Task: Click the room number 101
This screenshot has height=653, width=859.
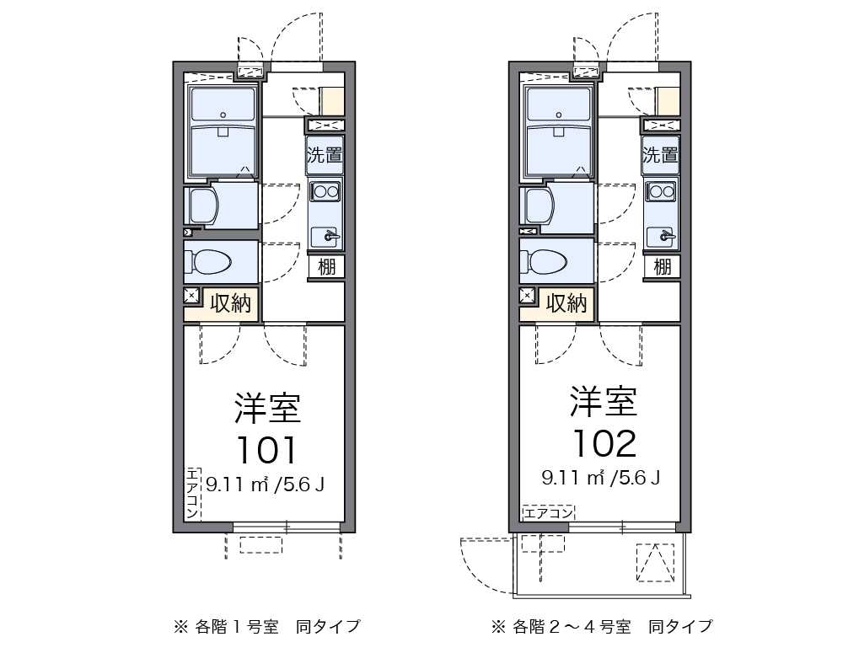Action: click(266, 450)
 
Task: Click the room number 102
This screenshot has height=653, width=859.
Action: click(603, 442)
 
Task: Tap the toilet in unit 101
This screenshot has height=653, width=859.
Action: click(211, 262)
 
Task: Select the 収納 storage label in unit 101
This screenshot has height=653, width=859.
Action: click(230, 304)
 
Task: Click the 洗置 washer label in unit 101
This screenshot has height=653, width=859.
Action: click(325, 155)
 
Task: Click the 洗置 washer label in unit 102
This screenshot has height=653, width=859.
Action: click(661, 155)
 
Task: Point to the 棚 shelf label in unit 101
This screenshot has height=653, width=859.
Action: click(327, 267)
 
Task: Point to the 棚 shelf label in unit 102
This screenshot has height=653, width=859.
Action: click(663, 267)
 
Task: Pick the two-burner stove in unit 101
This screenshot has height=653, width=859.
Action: click(325, 192)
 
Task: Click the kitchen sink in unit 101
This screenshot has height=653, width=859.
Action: click(325, 237)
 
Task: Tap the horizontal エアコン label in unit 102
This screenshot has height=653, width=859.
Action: click(548, 512)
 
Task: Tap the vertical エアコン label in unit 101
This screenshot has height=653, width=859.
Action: click(192, 492)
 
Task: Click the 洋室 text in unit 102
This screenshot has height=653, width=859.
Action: click(603, 402)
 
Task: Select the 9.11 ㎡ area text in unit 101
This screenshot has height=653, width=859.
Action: click(237, 484)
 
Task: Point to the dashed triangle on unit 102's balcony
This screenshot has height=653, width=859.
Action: click(655, 562)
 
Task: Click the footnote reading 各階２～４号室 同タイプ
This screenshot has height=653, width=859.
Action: click(604, 626)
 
